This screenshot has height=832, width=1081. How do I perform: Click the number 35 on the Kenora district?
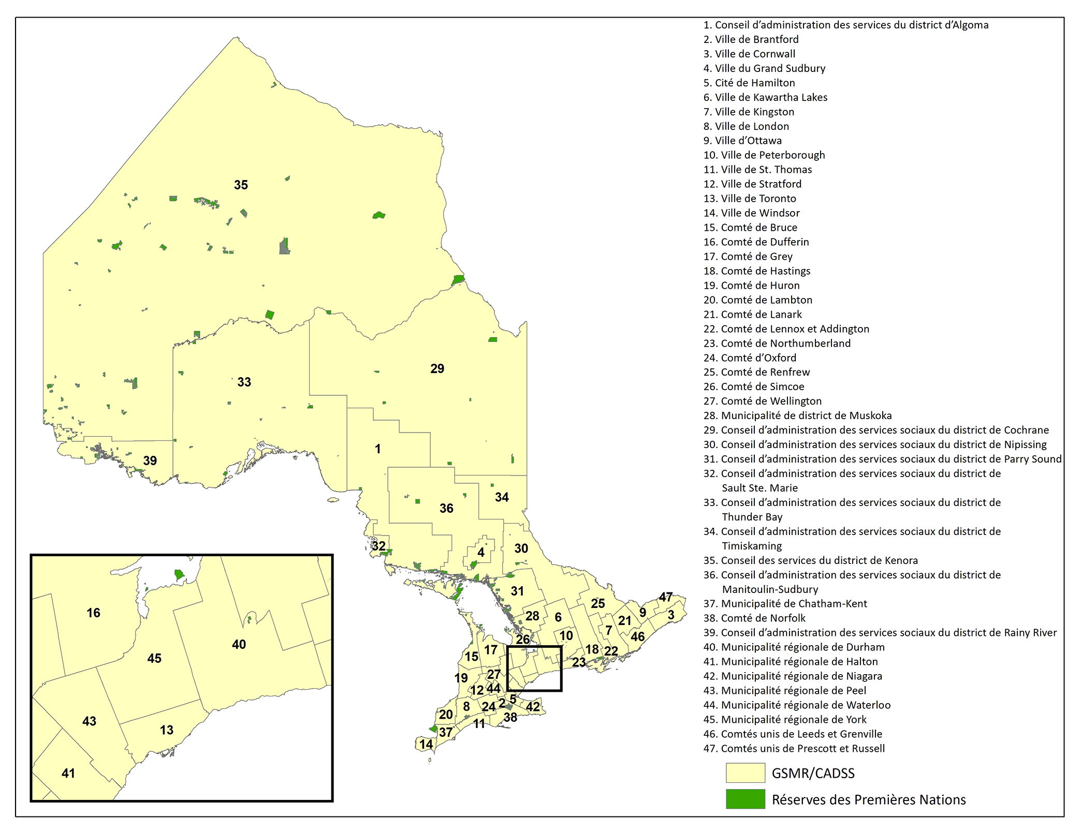[241, 185]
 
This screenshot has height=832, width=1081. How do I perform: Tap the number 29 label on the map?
[437, 368]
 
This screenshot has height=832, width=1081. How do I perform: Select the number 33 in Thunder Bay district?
[244, 382]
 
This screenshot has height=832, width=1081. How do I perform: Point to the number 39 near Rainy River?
[150, 460]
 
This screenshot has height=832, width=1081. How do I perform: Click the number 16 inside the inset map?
[93, 613]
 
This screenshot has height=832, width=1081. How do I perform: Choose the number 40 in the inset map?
[239, 644]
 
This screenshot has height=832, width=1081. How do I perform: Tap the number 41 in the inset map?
[68, 773]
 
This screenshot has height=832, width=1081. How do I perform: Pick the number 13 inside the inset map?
[166, 730]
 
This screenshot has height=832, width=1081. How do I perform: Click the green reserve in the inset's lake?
[179, 574]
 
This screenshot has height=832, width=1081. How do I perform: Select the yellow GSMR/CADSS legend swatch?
[745, 773]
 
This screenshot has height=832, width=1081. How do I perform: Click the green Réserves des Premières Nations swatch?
[745, 799]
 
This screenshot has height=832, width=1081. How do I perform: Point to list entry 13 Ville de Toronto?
[750, 198]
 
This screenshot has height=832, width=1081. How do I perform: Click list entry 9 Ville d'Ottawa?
[742, 140]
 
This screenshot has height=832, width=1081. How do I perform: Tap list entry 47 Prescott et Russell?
[794, 748]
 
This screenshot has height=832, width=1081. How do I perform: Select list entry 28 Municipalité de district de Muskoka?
[797, 415]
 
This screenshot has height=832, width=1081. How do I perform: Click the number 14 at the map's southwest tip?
[426, 744]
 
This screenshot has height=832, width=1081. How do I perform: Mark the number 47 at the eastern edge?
[665, 597]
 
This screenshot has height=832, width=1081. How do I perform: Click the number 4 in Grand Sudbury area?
[481, 552]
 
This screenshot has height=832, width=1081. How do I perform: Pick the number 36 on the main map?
[446, 508]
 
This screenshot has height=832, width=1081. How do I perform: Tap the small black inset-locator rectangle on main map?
[534, 647]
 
